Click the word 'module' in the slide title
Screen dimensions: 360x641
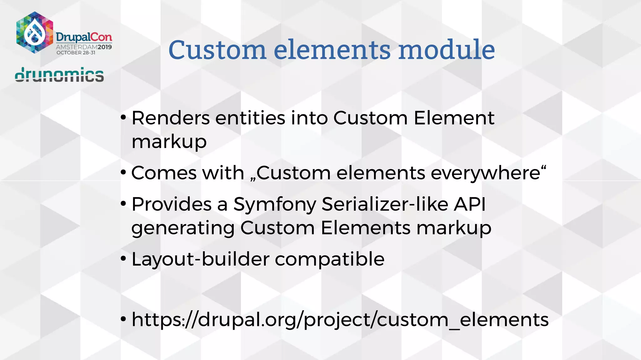click(447, 50)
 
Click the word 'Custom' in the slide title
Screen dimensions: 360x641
click(217, 50)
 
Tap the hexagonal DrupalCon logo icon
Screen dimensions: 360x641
click(34, 32)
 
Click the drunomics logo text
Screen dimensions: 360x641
click(59, 75)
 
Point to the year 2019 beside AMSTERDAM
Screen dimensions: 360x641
click(105, 47)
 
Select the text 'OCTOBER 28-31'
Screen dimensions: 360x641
click(76, 53)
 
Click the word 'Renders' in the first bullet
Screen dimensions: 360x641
click(171, 118)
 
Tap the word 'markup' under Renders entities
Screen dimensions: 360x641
click(169, 142)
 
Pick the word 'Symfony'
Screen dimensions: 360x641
click(274, 205)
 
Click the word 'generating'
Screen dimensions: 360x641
click(183, 228)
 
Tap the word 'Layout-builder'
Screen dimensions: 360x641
click(200, 259)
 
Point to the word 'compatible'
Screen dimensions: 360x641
click(330, 259)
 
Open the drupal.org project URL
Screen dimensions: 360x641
click(340, 320)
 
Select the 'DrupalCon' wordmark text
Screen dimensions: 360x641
click(84, 37)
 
